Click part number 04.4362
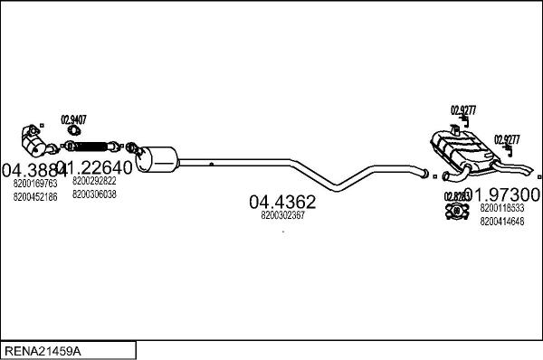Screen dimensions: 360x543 coord(282,201)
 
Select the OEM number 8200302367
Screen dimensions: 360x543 coord(282,215)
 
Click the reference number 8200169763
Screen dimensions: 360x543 coord(34,184)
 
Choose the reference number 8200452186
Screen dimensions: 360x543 coord(34,196)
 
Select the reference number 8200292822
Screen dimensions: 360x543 coord(94,182)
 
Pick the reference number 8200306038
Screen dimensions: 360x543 coord(94,194)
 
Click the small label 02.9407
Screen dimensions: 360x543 coord(74,118)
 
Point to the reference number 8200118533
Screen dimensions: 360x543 coord(500,208)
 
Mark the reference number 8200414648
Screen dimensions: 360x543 coord(500,220)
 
